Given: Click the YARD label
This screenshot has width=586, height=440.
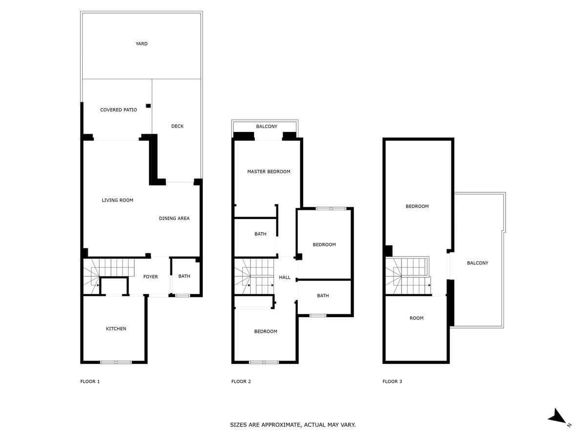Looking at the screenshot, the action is click(141, 44).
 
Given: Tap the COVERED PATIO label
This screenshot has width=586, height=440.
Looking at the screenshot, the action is click(118, 110).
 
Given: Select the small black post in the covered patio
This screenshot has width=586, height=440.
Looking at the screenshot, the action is click(148, 106).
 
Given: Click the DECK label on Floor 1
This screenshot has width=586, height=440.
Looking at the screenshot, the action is click(177, 126).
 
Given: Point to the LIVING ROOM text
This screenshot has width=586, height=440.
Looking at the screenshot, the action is click(117, 200).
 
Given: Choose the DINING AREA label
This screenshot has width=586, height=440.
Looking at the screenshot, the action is click(174, 218).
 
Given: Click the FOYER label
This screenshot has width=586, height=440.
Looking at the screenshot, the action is click(150, 277).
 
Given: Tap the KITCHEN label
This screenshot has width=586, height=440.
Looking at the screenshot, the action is click(116, 329).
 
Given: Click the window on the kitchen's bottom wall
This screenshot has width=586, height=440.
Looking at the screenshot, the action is click(116, 362).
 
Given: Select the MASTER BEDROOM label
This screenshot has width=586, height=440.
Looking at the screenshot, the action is click(269, 172).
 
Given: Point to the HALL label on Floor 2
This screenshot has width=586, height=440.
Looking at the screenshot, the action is click(285, 277).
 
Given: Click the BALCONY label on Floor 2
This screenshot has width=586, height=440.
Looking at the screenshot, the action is click(267, 126).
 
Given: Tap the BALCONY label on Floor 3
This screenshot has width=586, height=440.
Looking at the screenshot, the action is click(477, 263).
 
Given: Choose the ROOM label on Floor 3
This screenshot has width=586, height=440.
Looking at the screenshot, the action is click(416, 318).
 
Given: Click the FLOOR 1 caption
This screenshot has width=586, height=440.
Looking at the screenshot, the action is click(90, 381).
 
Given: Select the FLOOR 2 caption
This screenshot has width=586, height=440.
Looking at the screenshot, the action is click(241, 381).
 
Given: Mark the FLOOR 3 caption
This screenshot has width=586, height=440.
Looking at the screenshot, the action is click(392, 381).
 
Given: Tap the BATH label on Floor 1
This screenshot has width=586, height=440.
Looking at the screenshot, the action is click(184, 276).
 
